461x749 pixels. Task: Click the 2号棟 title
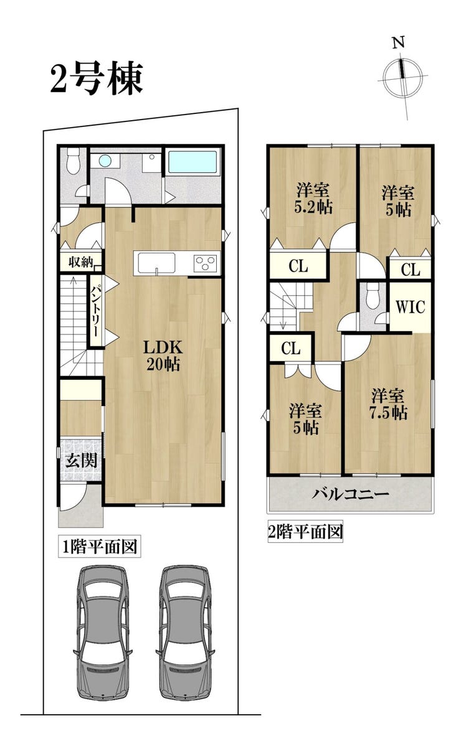pyautogui.click(x=97, y=78)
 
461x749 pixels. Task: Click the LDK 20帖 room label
pyautogui.click(x=163, y=356)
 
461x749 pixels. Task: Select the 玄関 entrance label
pyautogui.click(x=81, y=460)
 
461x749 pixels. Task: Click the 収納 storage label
pyautogui.click(x=80, y=262)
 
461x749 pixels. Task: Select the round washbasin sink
pyautogui.click(x=105, y=161)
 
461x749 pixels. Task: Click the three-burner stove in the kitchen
pyautogui.click(x=205, y=263)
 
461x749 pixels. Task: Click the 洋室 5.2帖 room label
pyautogui.click(x=313, y=199)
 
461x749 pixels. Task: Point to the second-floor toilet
pyautogui.click(x=372, y=295)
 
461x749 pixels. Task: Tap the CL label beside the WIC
pyautogui.click(x=410, y=270)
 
